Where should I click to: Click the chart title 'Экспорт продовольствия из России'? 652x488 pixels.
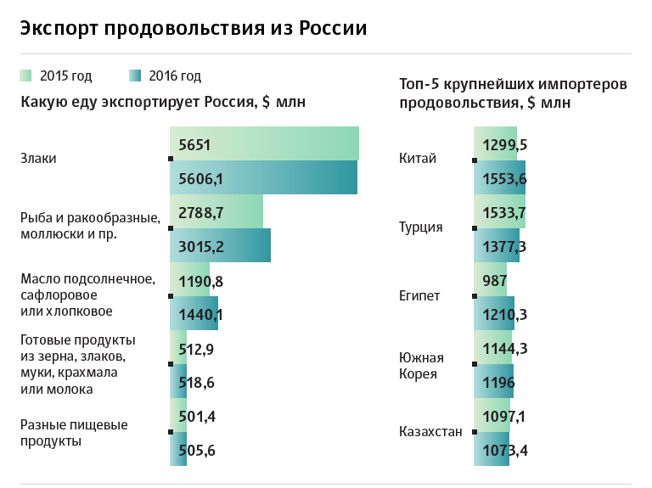click(x=194, y=29)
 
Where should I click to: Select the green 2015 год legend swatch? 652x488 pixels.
click(x=25, y=76)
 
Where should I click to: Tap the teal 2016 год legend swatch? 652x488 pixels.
click(x=136, y=76)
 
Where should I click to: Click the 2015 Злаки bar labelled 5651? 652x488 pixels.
click(x=264, y=143)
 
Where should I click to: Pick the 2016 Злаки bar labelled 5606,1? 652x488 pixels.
click(x=263, y=177)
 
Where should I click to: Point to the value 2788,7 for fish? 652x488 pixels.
click(x=201, y=212)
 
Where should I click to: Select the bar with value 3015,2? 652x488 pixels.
click(x=220, y=246)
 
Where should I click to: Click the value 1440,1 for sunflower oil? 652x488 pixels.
click(x=201, y=314)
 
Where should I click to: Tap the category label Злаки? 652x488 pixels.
click(x=38, y=159)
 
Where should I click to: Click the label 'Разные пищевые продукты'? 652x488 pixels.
click(x=74, y=433)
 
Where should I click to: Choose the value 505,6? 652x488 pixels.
click(x=197, y=450)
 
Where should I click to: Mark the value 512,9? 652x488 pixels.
click(x=197, y=348)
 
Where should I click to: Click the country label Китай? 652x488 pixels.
click(x=418, y=159)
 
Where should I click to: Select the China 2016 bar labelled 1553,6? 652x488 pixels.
click(x=500, y=177)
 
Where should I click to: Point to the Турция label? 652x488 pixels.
click(x=420, y=227)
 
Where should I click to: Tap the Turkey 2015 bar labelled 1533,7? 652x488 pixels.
click(x=500, y=212)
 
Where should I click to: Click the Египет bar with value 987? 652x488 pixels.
click(x=491, y=280)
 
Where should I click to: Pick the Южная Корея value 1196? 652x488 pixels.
click(x=494, y=382)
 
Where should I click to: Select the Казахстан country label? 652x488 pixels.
click(x=430, y=431)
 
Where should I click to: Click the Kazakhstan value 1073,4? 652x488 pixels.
click(x=504, y=450)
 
